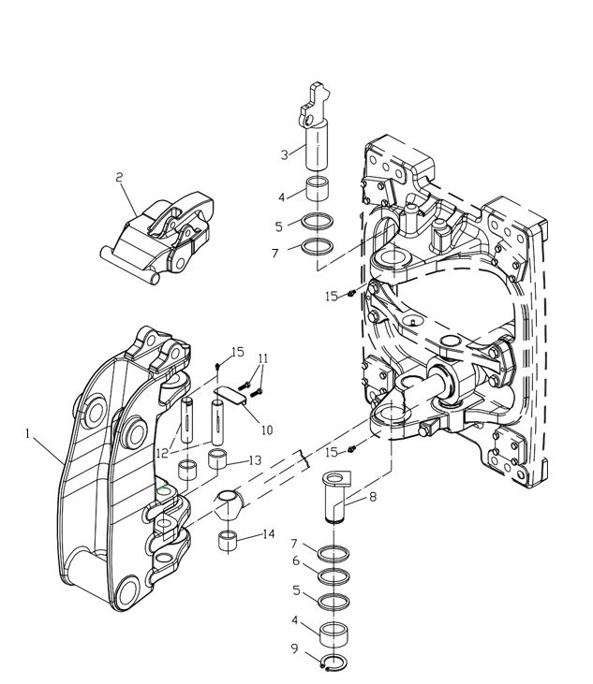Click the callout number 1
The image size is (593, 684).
click(27, 433)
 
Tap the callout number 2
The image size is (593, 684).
click(119, 178)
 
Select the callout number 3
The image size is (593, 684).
click(284, 155)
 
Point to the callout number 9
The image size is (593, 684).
click(295, 648)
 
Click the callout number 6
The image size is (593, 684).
click(296, 560)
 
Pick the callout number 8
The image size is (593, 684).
click(373, 497)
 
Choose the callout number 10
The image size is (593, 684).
click(267, 430)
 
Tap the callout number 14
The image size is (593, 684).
click(268, 533)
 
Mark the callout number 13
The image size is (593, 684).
click(255, 460)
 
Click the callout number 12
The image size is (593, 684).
click(162, 453)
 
